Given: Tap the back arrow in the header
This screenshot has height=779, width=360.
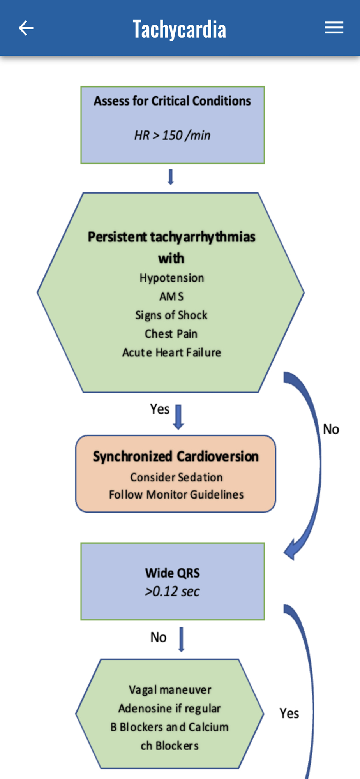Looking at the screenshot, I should click(26, 28).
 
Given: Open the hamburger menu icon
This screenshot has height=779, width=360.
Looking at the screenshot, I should click(334, 28).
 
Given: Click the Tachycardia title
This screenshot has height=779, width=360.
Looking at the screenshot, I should click(179, 29).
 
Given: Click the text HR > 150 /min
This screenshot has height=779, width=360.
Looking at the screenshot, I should click(172, 136).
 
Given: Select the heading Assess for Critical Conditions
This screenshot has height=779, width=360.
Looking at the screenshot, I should click(172, 101).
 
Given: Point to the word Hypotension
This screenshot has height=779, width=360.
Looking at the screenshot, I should click(172, 278).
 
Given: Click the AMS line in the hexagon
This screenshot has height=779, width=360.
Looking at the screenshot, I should click(171, 297).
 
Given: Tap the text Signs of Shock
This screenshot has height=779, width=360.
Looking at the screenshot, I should click(171, 315).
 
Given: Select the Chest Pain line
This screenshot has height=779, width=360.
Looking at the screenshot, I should click(171, 334).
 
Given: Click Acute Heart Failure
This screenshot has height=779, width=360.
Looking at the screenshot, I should click(171, 353).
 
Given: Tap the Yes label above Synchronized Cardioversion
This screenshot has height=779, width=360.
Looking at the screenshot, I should click(160, 409).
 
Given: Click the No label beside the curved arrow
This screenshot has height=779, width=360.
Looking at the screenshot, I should click(331, 429).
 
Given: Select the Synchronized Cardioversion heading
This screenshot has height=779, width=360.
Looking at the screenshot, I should click(176, 456).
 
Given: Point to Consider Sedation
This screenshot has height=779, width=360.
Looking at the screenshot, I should click(176, 478).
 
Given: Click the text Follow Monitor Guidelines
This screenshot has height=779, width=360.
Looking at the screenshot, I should click(176, 495).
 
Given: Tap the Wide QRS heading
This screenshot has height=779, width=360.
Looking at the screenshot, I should click(173, 573).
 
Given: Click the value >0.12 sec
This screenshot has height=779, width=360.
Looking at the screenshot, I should click(172, 592).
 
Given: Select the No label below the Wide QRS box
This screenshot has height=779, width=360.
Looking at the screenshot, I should click(159, 637).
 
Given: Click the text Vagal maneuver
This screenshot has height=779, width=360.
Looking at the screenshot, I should click(170, 690).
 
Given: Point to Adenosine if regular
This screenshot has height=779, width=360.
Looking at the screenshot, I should click(169, 709).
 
